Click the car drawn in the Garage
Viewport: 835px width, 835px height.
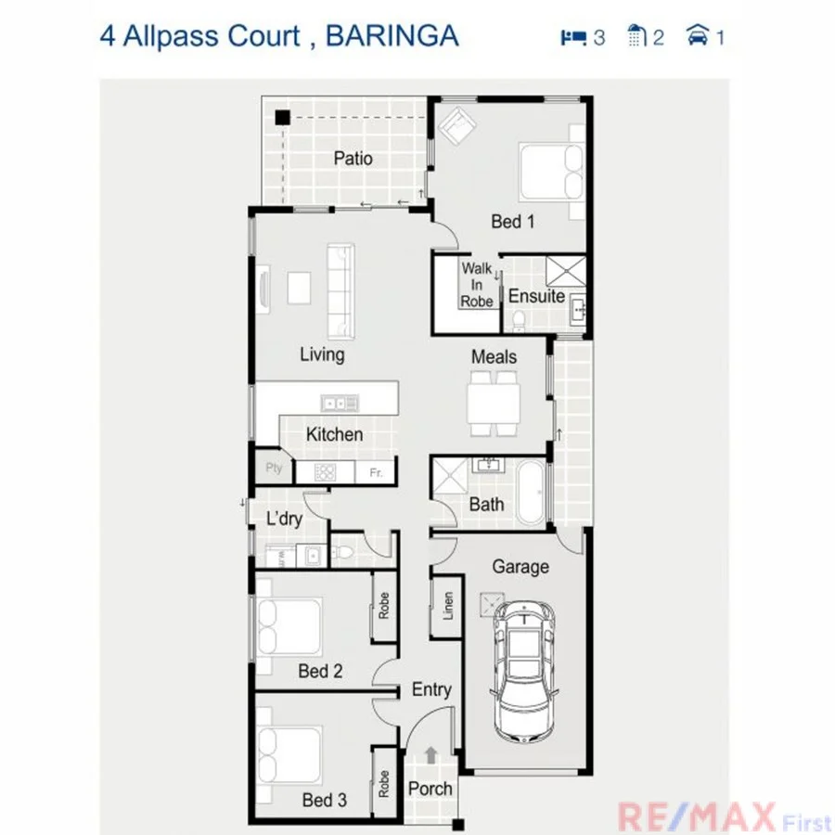tap(524, 670)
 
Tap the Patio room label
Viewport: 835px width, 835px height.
tap(353, 159)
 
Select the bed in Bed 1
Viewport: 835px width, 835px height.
tap(551, 173)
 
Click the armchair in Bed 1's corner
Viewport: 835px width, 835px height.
tap(457, 127)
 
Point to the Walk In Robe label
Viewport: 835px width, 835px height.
tap(477, 285)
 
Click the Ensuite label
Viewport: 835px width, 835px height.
tap(536, 296)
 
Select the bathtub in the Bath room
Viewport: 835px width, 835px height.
tap(532, 492)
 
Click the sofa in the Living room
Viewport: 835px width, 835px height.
tap(340, 288)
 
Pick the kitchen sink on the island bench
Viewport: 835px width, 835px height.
tap(340, 403)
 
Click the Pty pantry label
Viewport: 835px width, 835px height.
tap(274, 468)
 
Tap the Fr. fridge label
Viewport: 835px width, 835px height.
tap(376, 472)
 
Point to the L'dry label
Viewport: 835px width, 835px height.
tap(284, 519)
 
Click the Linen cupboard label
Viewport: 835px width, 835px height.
tap(448, 607)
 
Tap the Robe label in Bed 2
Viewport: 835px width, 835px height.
tap(384, 606)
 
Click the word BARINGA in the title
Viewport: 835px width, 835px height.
tap(392, 36)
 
